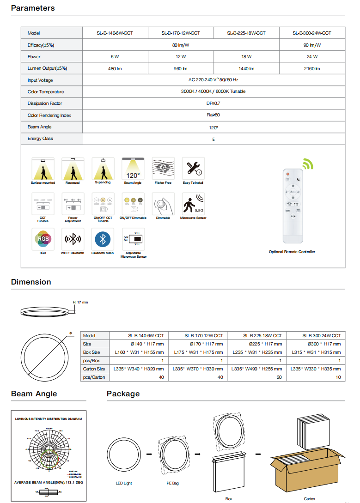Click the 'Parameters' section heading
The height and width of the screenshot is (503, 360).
point(33,8)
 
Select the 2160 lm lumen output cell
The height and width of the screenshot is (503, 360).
point(311,68)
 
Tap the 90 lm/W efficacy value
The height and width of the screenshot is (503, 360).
point(311,45)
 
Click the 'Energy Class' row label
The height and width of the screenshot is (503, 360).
point(40,139)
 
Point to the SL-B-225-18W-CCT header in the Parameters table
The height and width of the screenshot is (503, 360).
point(246,33)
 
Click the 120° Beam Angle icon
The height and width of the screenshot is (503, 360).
point(133,169)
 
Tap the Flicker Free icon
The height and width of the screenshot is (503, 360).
point(163,169)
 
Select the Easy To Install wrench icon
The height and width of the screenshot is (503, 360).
point(193,169)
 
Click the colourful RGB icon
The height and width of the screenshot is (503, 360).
point(43,239)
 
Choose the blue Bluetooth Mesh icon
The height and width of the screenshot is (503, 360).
point(103,239)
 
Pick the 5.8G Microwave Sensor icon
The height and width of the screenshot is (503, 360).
point(193,204)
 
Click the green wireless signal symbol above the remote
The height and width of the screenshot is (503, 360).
point(308,164)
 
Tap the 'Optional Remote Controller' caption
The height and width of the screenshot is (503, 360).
point(292,252)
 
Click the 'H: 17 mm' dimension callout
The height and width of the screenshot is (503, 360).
point(80,302)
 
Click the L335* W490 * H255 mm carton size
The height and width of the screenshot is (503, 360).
point(257,369)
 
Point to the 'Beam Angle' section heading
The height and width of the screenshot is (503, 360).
point(34,394)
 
